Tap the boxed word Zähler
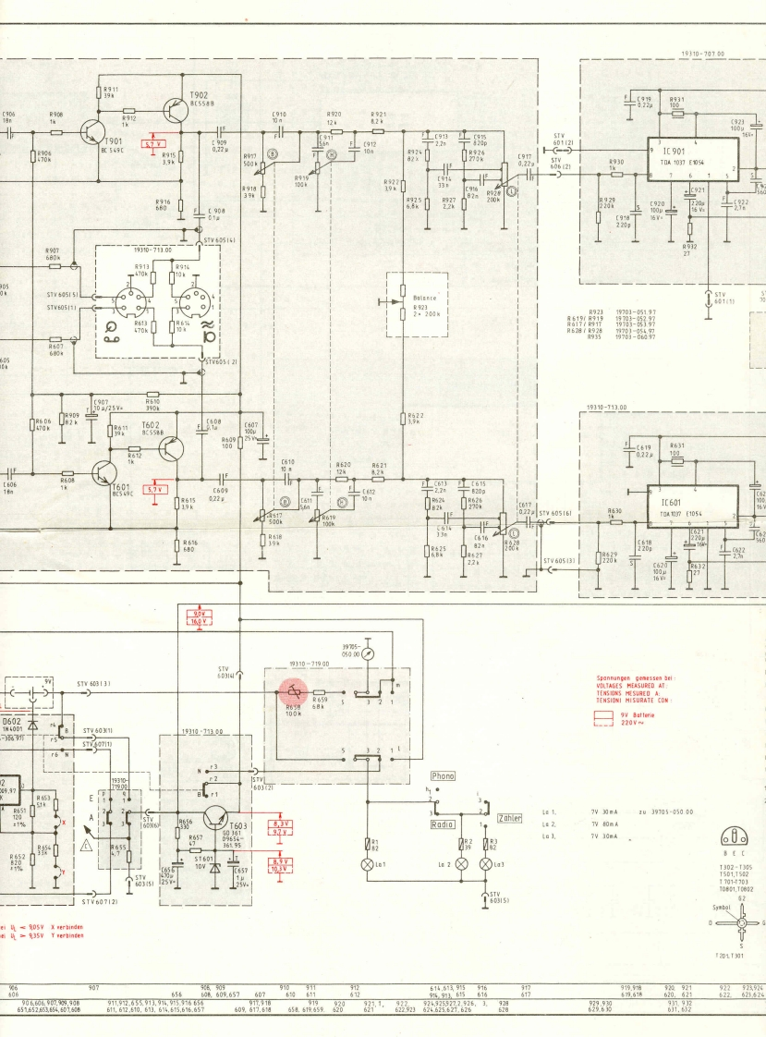510,818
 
